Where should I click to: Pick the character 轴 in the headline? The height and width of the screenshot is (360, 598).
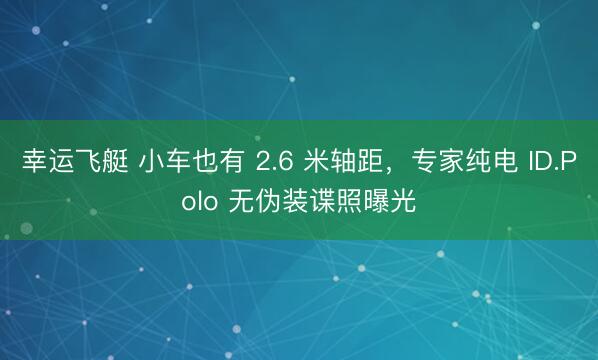[349, 162]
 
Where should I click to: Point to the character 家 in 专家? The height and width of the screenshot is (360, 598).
[452, 162]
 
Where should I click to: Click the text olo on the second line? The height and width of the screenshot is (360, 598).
[200, 200]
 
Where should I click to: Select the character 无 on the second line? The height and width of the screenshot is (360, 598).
[241, 200]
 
